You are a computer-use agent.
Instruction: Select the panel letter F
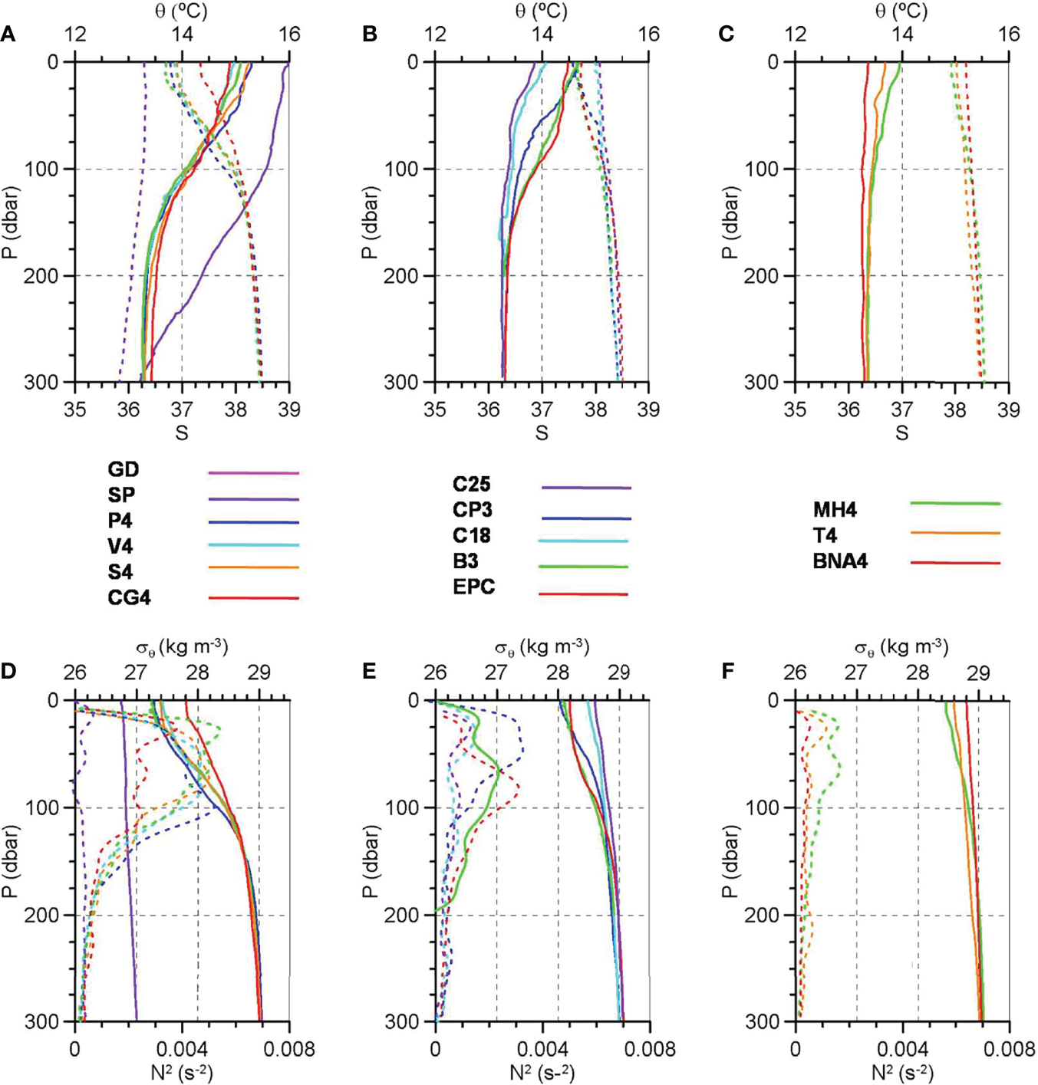[728, 672]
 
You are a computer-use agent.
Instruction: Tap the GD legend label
[123, 469]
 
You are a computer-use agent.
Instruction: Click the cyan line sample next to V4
[253, 545]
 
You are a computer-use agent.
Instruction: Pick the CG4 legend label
[129, 597]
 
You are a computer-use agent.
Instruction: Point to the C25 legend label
[471, 485]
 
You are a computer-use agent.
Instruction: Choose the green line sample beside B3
[583, 567]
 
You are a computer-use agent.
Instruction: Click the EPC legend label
[473, 587]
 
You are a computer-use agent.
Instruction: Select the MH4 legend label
[835, 510]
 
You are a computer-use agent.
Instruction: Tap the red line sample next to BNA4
[955, 563]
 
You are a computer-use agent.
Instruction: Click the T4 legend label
[825, 535]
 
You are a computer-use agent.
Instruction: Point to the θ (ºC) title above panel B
[541, 11]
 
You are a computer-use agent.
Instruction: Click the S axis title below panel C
[901, 433]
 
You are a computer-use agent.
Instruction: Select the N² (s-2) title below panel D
[182, 1072]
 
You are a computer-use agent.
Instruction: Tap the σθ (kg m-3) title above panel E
[542, 647]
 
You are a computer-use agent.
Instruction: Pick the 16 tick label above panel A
[289, 35]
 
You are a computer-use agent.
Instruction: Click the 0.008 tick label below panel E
[649, 1048]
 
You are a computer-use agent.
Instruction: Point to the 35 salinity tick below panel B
[435, 409]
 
